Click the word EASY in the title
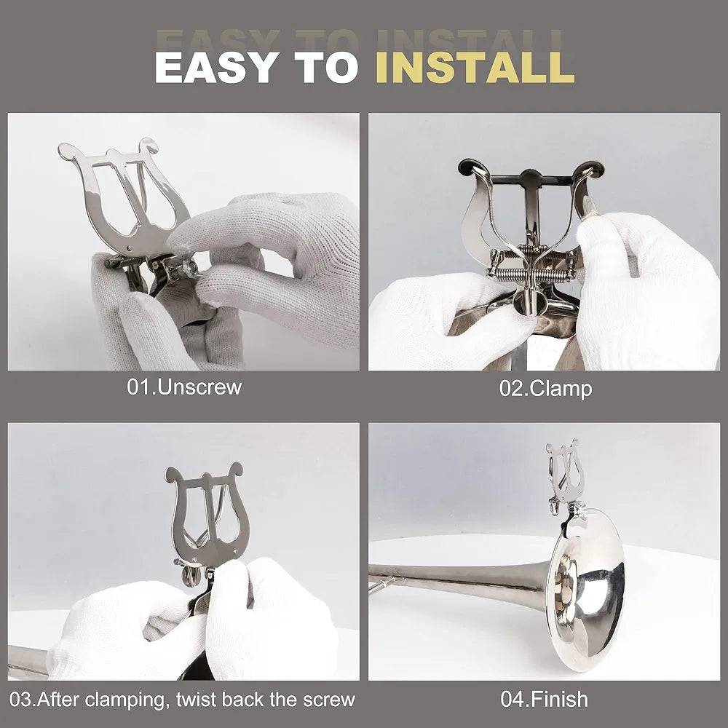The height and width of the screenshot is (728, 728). (217, 67)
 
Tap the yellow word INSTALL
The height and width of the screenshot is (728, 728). (475, 67)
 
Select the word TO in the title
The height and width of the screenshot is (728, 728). (327, 67)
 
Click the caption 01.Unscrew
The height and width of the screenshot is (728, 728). (184, 387)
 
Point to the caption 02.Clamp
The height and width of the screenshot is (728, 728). (545, 389)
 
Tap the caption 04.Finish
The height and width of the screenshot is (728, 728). (544, 699)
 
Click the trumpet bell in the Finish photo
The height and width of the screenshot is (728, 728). (586, 590)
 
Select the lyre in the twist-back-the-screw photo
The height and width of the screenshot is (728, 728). (207, 515)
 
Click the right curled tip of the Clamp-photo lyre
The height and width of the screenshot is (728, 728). (593, 169)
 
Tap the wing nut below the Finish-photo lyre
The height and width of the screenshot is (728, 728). (554, 506)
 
